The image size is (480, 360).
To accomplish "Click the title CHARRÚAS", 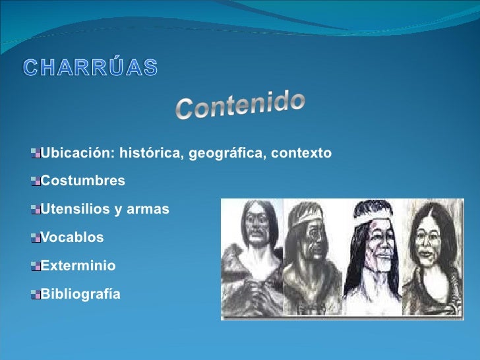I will click(x=91, y=67).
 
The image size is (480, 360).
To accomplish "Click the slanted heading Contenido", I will click(x=241, y=106).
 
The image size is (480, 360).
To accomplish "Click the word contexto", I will click(x=300, y=154).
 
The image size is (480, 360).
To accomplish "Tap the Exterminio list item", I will click(x=78, y=266).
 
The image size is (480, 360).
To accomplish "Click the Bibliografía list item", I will click(x=81, y=294).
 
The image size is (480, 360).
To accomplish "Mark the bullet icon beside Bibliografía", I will click(x=35, y=294).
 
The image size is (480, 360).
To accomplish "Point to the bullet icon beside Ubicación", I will click(x=35, y=154).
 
